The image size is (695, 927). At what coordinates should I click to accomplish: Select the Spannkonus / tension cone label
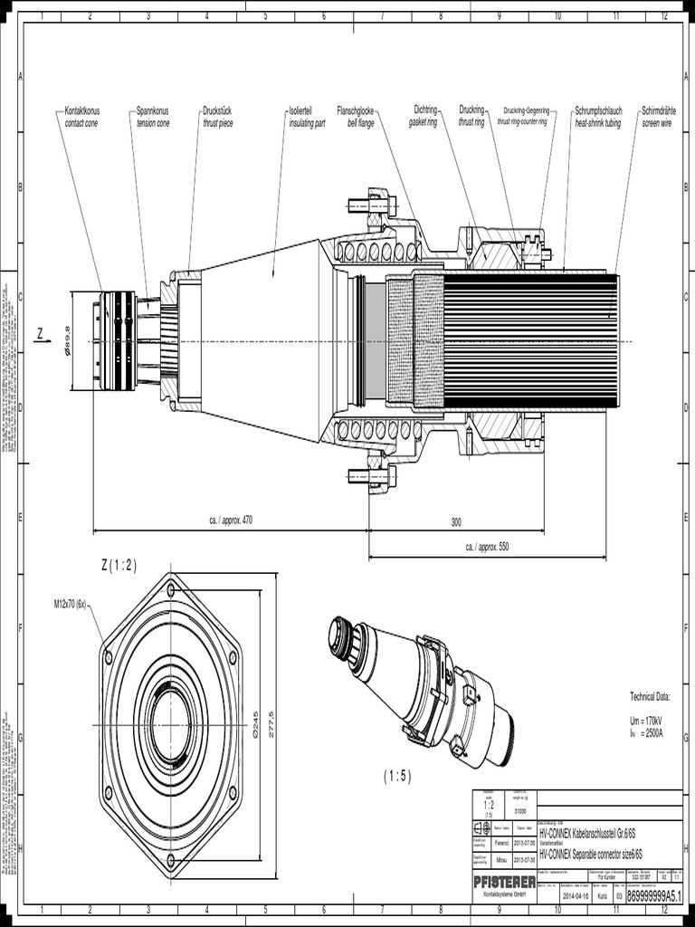coord(152,116)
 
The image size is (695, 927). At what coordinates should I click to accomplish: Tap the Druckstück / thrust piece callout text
coord(217,116)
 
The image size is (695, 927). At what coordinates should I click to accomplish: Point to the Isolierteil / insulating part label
coord(307,116)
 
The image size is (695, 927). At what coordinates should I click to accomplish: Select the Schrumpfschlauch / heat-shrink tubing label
coord(597,116)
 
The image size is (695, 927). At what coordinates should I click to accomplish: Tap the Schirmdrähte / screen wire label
coord(658,116)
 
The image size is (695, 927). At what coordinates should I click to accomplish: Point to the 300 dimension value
coord(456,522)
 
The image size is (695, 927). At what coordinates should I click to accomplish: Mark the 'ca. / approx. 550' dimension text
coord(487,547)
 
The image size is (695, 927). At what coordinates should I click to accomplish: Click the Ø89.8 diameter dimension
coord(67,340)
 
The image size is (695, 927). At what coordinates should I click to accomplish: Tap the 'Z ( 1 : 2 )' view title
coord(119,566)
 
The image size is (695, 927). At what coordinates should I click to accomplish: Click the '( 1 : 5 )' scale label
coord(396,776)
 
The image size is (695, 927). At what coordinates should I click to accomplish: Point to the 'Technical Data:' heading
coord(649,696)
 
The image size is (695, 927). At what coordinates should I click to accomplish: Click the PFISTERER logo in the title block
coord(504,881)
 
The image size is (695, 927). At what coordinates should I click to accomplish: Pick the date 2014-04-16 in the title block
coord(576,895)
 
